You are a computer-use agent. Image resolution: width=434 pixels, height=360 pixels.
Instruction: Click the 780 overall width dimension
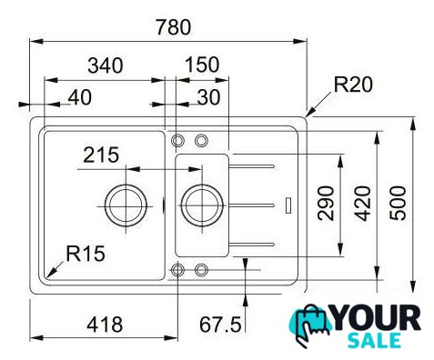point(173,27)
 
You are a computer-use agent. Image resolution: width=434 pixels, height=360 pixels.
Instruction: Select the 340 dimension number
point(106,65)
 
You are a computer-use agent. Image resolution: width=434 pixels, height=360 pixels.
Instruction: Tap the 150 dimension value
point(202,65)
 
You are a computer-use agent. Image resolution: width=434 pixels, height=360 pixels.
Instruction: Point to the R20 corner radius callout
point(353,85)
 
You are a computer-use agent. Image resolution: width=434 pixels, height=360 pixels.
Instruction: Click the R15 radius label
point(86,254)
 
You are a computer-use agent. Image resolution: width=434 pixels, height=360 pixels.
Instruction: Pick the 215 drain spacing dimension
point(101,155)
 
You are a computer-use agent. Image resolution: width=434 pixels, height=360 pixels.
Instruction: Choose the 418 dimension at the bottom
point(105,325)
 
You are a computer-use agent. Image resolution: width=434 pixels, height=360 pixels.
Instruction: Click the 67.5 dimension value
point(220,325)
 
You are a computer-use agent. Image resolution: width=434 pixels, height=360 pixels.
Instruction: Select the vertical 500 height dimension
point(398,203)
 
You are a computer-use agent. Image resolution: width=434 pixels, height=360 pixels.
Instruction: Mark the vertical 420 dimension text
point(363,203)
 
